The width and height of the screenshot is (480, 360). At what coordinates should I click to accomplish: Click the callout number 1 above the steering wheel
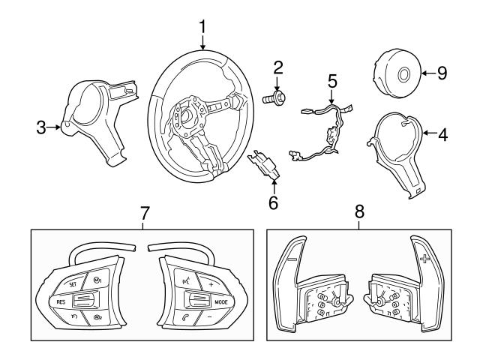click(x=201, y=27)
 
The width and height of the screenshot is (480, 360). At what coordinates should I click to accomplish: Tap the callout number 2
click(x=277, y=68)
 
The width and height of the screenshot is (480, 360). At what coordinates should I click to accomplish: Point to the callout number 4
click(x=442, y=136)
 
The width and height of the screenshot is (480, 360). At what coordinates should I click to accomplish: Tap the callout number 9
click(x=442, y=73)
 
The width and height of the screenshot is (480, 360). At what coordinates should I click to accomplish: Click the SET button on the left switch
click(x=73, y=285)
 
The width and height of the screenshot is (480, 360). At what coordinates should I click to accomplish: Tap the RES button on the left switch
click(x=61, y=301)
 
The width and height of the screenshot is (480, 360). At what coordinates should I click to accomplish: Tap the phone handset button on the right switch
click(x=185, y=318)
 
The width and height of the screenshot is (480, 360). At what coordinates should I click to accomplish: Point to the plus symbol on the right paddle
click(x=424, y=260)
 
